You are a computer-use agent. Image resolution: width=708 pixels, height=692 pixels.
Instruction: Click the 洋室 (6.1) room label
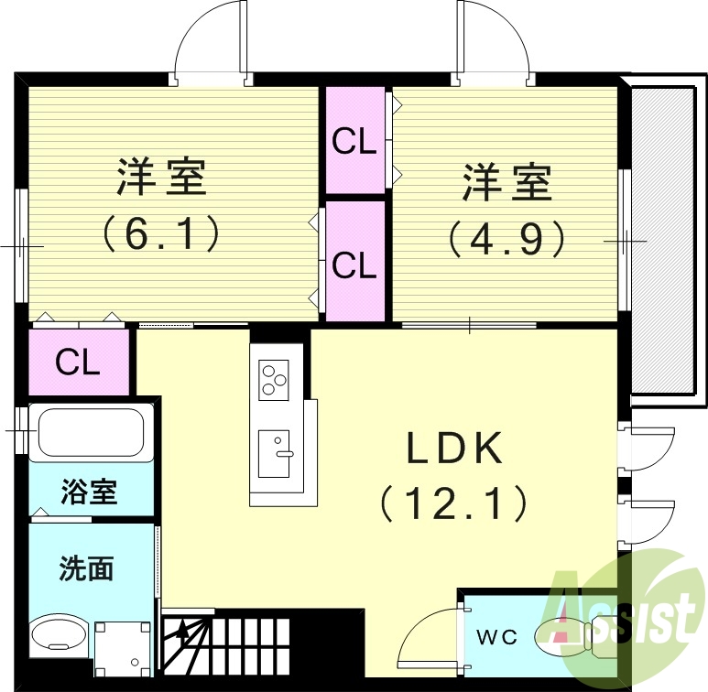tap(161, 178)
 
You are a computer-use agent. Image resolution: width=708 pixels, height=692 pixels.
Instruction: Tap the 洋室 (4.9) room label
tap(506, 181)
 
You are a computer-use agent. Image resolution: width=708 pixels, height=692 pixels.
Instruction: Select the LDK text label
tap(455, 449)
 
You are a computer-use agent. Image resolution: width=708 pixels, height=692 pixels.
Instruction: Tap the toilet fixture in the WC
tap(568, 633)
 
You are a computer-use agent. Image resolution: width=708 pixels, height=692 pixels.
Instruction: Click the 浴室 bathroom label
tap(89, 492)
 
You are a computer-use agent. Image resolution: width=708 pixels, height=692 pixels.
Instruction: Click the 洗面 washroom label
tap(86, 568)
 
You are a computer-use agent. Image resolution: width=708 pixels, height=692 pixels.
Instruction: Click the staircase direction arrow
tap(183, 633)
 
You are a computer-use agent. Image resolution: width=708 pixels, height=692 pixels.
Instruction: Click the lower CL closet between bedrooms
tap(354, 265)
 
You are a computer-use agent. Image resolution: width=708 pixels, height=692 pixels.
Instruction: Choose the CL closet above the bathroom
tap(77, 362)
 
